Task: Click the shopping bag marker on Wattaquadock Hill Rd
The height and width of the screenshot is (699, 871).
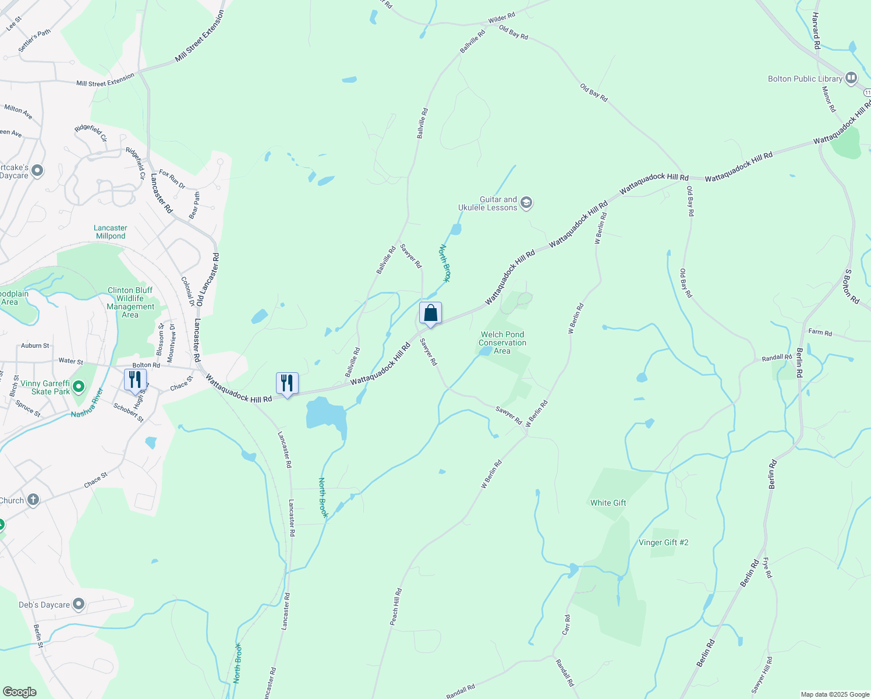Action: [430, 313]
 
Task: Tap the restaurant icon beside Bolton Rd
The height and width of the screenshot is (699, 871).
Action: [134, 380]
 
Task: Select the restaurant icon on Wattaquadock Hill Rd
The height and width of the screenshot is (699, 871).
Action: [287, 383]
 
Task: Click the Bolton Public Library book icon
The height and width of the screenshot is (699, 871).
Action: [851, 77]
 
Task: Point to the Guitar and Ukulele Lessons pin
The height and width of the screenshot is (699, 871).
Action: [526, 203]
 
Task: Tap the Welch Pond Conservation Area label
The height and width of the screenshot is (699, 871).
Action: [502, 343]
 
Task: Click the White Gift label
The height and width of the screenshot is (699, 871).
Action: [608, 503]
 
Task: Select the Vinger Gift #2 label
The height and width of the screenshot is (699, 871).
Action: [663, 542]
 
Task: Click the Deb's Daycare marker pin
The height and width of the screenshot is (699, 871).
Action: [79, 605]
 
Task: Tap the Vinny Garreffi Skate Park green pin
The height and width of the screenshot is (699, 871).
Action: [79, 386]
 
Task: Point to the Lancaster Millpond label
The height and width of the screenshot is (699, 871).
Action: [111, 232]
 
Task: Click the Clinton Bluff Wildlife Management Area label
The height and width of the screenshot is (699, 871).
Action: [130, 302]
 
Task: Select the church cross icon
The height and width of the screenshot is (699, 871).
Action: [33, 500]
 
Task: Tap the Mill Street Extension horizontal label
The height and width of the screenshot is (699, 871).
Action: [105, 80]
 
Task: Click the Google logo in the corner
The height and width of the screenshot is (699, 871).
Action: [20, 692]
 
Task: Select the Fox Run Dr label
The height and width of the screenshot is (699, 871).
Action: [172, 179]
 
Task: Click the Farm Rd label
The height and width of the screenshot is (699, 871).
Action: [820, 332]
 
